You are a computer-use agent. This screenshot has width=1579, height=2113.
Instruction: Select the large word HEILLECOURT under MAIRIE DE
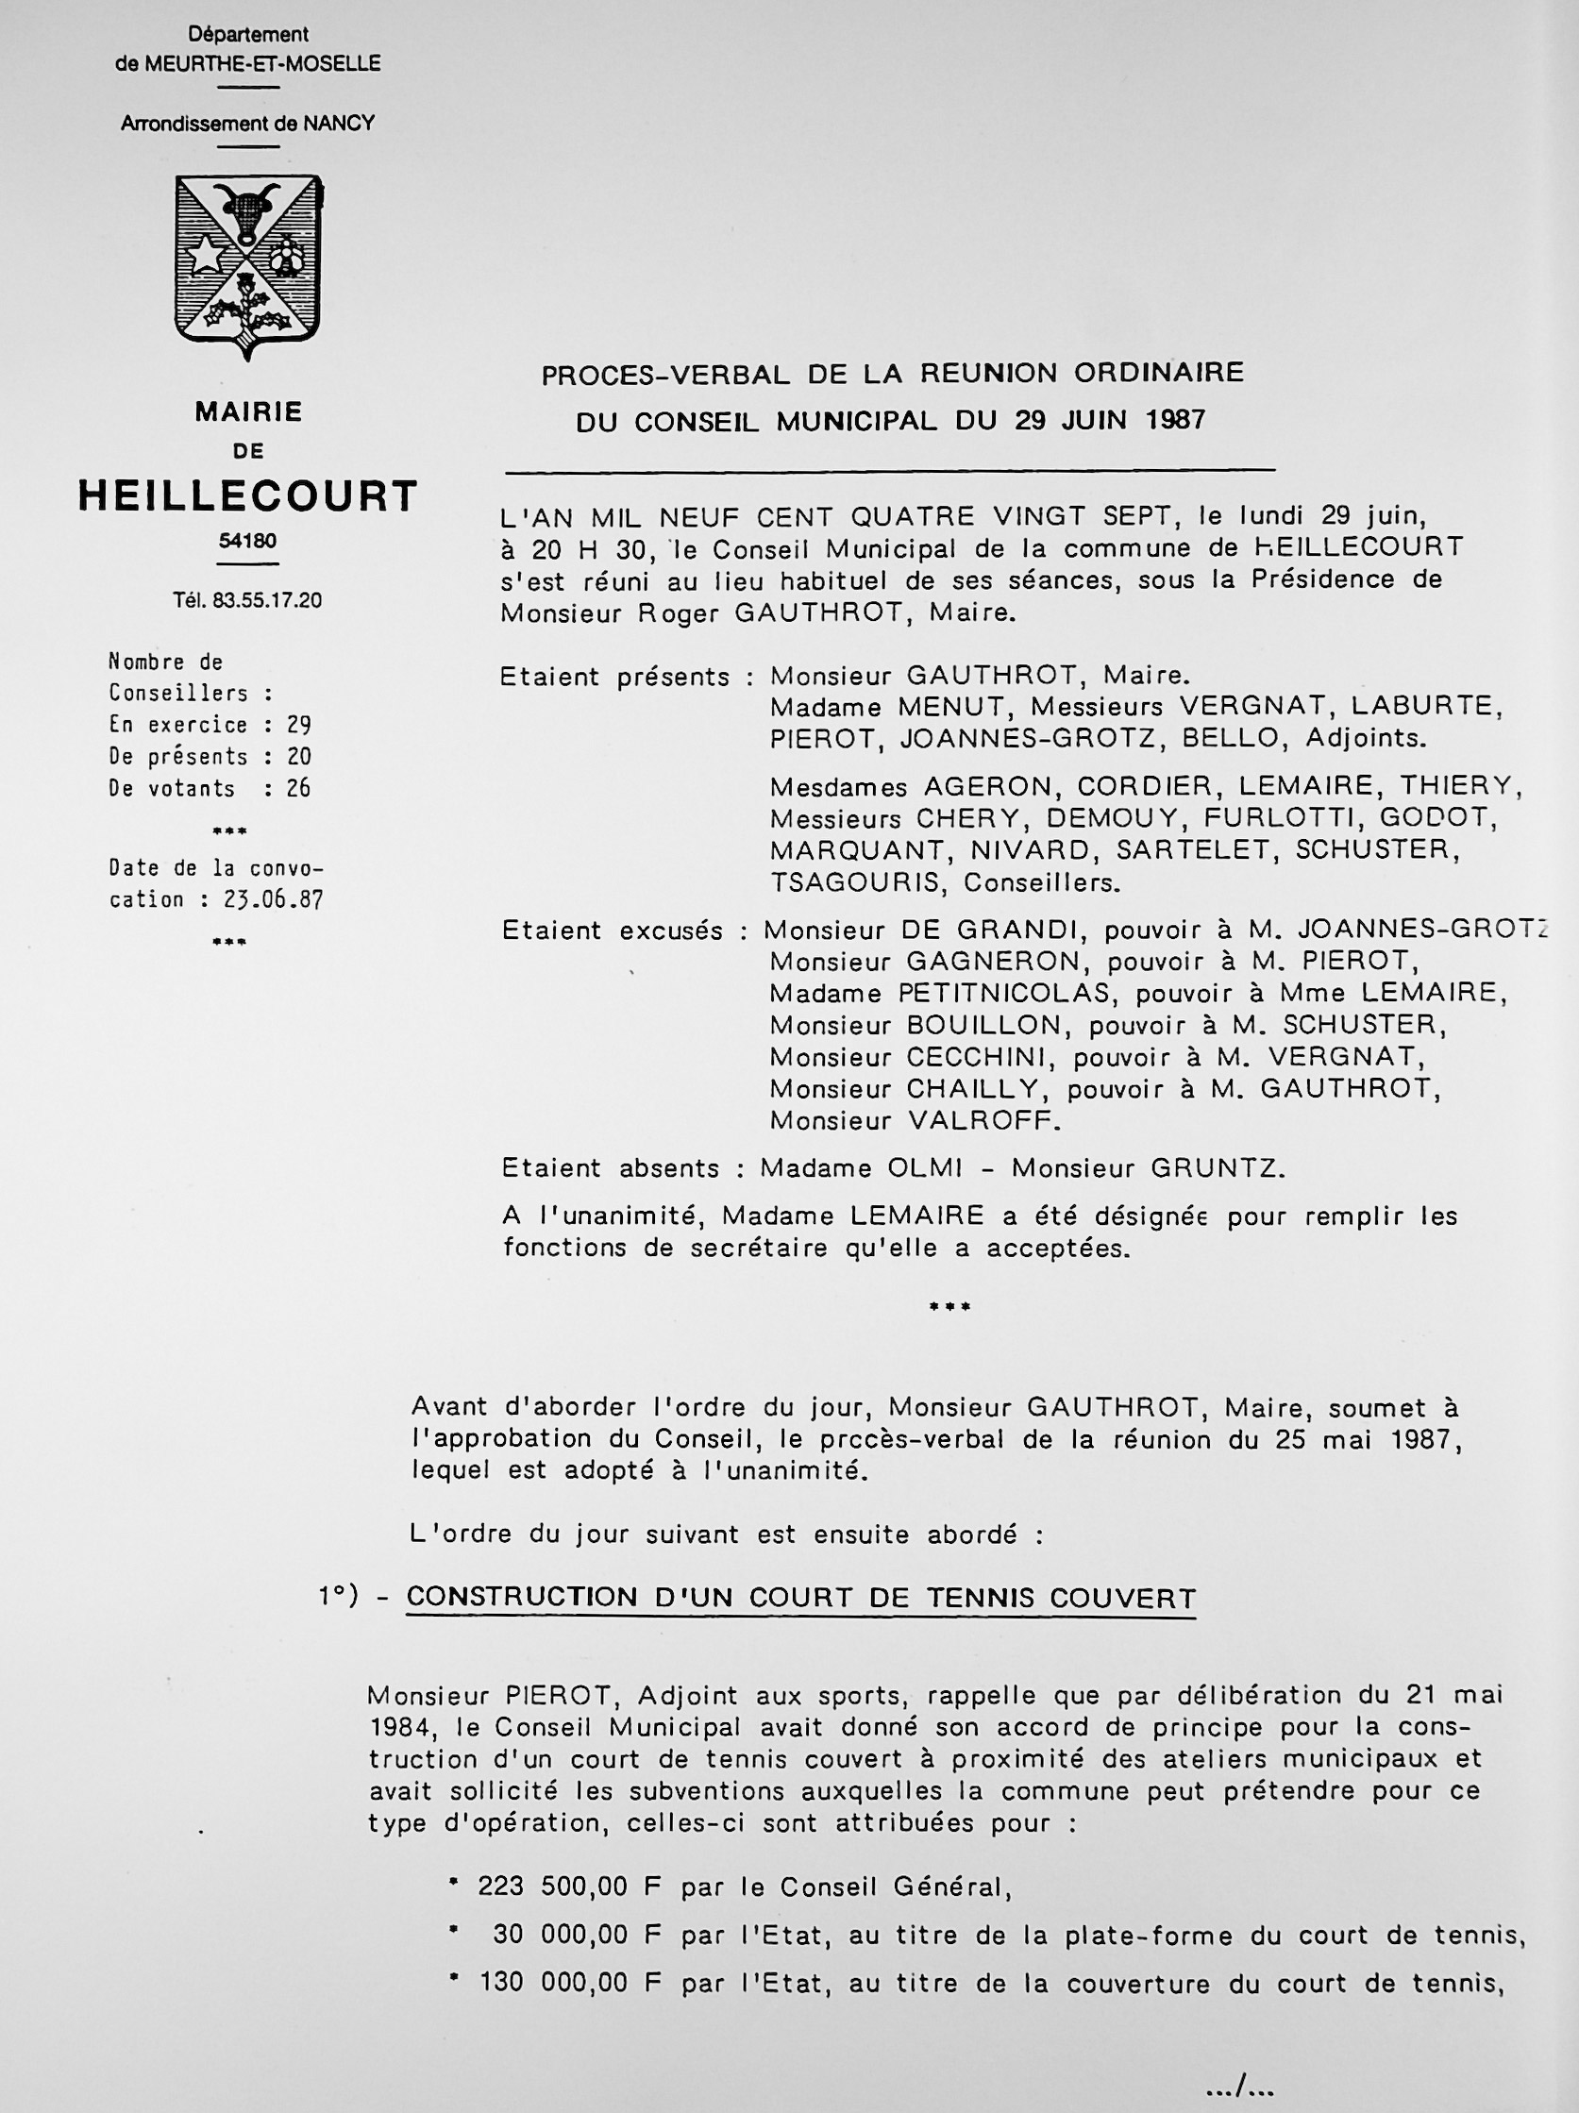coord(247,495)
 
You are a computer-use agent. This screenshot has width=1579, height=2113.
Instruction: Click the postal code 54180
coord(247,541)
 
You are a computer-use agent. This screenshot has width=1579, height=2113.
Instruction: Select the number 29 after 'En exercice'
coord(299,725)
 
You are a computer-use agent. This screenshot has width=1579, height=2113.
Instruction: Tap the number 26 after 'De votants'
coord(299,788)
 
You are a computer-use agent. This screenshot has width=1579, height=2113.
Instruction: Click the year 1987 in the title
coord(1174,419)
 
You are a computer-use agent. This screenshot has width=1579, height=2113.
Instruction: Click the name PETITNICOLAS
coord(1006,994)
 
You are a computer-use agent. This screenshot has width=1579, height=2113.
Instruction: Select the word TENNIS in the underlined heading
coord(983,1598)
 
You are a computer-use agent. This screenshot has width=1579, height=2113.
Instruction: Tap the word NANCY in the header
coord(339,124)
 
